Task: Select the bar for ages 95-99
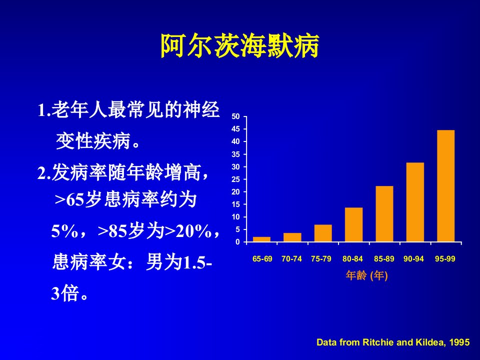point(445,186)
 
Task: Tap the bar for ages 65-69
point(261,239)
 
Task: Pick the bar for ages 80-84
point(353,224)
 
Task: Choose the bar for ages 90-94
point(415,202)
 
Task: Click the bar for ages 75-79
point(323,233)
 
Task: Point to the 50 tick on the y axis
point(235,116)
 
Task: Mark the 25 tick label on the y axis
point(235,179)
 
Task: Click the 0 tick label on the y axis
point(238,242)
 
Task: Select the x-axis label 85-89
point(384,259)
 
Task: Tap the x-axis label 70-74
point(291,259)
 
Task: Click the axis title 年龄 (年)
point(366,275)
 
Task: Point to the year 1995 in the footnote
point(459,342)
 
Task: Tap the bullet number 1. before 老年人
point(44,110)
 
